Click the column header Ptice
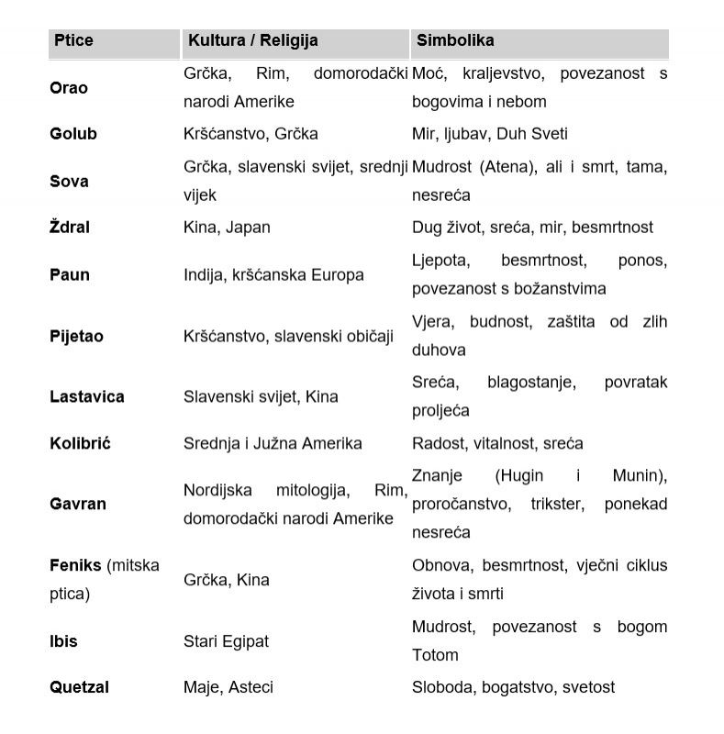73,40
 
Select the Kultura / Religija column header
252,40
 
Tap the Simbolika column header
455,40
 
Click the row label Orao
69,88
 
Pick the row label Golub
73,134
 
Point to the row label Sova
69,182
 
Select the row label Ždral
70,228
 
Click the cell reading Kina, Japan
227,228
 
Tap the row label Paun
70,275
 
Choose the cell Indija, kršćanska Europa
273,275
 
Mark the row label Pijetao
76,337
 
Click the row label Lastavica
87,397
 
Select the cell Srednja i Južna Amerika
273,444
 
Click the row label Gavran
78,505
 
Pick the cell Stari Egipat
226,641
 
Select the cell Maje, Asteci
228,687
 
